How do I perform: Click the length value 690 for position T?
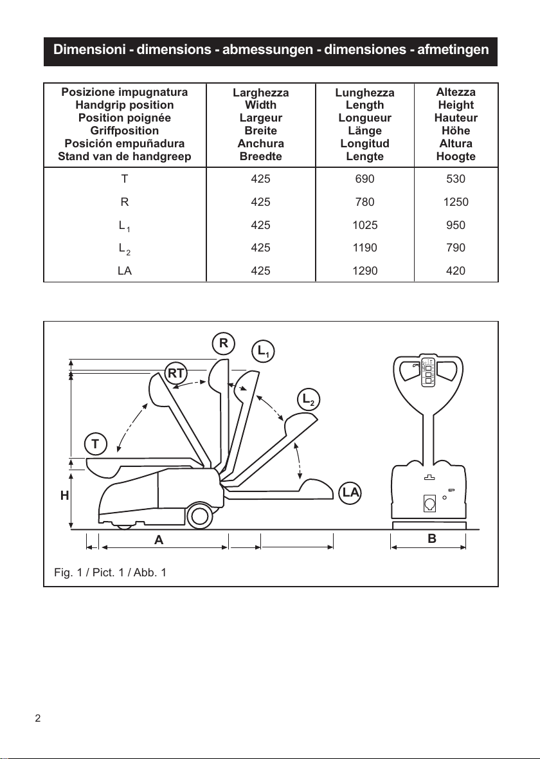(364, 179)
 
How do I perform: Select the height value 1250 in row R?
(456, 202)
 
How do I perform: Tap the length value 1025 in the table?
(364, 225)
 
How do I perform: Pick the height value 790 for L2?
(456, 248)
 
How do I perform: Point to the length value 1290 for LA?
(364, 271)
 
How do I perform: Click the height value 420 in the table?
(456, 271)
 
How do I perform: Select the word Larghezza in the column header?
(261, 93)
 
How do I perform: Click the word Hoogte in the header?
(456, 156)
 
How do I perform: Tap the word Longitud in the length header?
(365, 144)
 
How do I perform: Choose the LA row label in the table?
(124, 271)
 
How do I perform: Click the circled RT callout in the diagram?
(175, 373)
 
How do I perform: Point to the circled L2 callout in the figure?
(309, 399)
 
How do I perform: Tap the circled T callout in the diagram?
(95, 444)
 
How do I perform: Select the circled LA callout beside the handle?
(350, 493)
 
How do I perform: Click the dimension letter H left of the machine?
(64, 496)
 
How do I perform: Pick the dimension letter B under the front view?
(432, 538)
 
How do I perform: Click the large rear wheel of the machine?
(199, 516)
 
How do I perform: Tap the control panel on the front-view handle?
(428, 372)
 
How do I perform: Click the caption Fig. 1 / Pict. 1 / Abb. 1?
(111, 572)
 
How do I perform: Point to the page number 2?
(38, 718)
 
